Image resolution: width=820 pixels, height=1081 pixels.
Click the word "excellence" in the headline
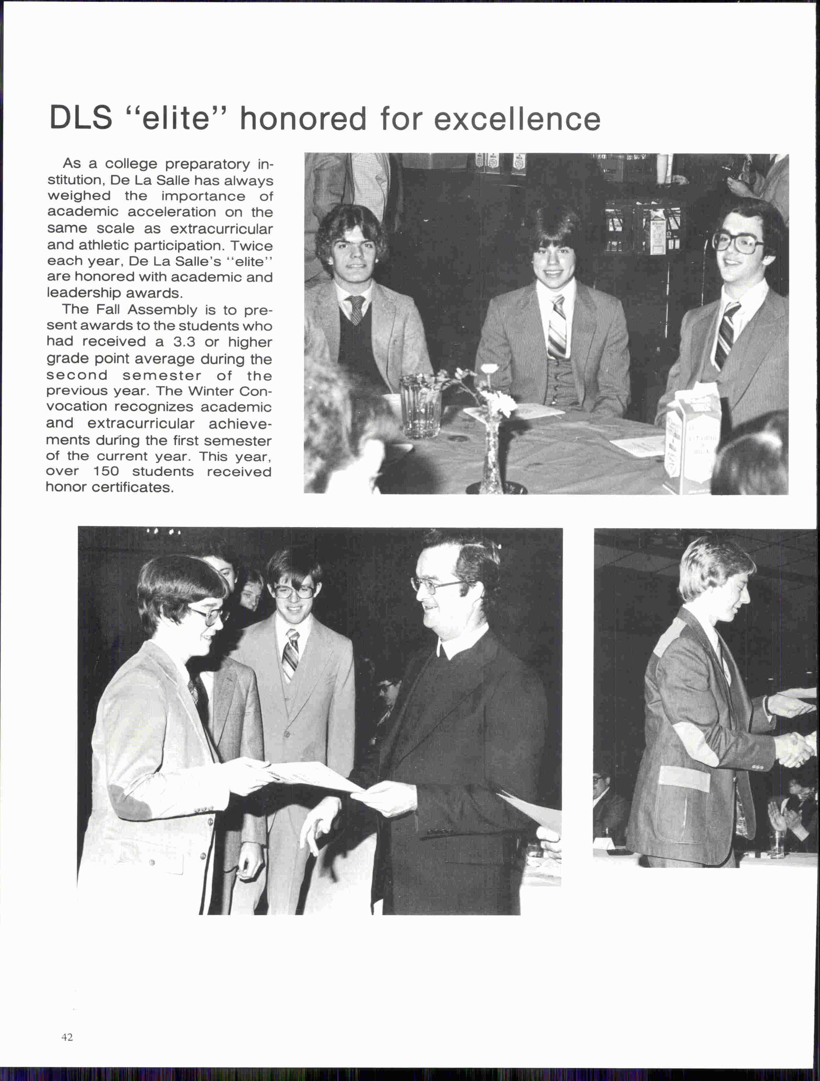coord(517,119)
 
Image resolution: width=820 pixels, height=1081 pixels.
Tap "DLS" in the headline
coord(81,118)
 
